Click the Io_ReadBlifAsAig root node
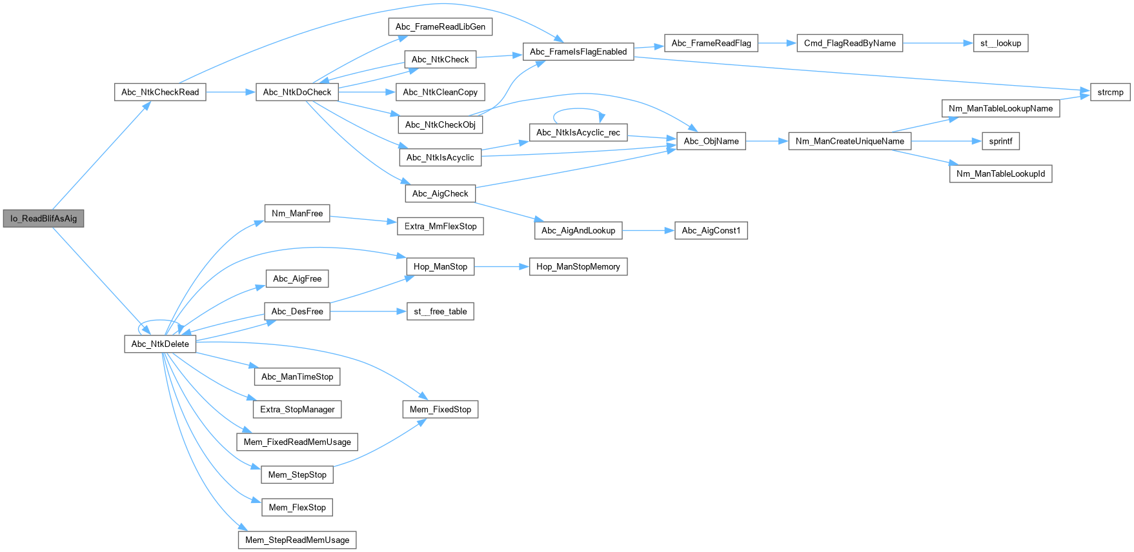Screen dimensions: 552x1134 tap(43, 219)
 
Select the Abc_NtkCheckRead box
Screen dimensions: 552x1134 tap(160, 92)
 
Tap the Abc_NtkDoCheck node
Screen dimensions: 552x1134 tap(297, 92)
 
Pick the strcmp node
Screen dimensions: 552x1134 tap(1110, 92)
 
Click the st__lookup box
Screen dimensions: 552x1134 tap(1000, 43)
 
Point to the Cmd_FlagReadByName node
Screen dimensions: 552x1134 tap(849, 43)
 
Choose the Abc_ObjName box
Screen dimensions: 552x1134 tap(711, 141)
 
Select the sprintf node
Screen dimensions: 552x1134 tap(1000, 141)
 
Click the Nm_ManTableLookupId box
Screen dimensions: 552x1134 tap(1000, 174)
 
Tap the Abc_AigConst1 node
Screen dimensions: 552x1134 tap(711, 231)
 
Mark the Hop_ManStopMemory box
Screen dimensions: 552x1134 tap(578, 267)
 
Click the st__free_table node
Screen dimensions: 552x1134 tap(440, 311)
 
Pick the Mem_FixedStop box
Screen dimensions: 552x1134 tap(440, 409)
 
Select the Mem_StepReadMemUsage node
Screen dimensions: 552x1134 tap(297, 540)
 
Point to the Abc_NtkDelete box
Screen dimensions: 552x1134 tap(160, 344)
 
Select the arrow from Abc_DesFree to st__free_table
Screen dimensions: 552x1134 tap(368, 311)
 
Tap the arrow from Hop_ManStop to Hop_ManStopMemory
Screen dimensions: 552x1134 tap(501, 267)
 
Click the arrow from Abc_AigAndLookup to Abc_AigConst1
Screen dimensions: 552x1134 tap(648, 231)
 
